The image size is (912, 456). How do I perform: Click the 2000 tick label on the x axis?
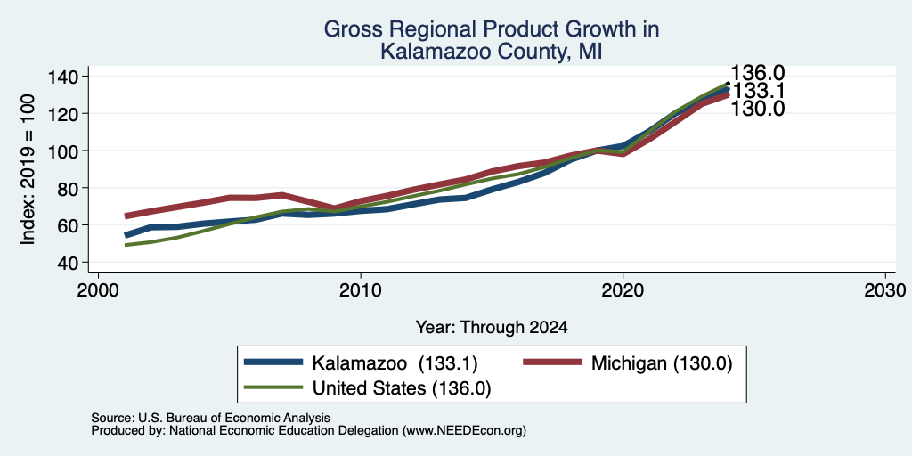point(98,290)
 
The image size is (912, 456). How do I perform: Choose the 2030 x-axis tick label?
point(885,290)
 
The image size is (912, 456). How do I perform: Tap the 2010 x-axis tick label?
point(361,290)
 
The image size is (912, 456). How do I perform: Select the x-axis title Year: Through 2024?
point(492,328)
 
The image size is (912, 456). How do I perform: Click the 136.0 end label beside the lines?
point(757,73)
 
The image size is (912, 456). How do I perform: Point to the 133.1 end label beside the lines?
point(757,92)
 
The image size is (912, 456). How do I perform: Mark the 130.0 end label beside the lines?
point(757,109)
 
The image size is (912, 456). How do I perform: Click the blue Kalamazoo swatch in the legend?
point(274,362)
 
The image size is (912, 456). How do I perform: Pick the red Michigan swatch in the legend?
point(552,362)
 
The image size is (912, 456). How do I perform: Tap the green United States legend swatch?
point(274,387)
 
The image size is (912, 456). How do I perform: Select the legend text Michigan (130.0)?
point(662,363)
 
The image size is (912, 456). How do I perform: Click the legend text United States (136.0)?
point(402,388)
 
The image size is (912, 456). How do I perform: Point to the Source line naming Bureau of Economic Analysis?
point(210,418)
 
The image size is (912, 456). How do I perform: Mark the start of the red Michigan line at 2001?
point(126,216)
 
